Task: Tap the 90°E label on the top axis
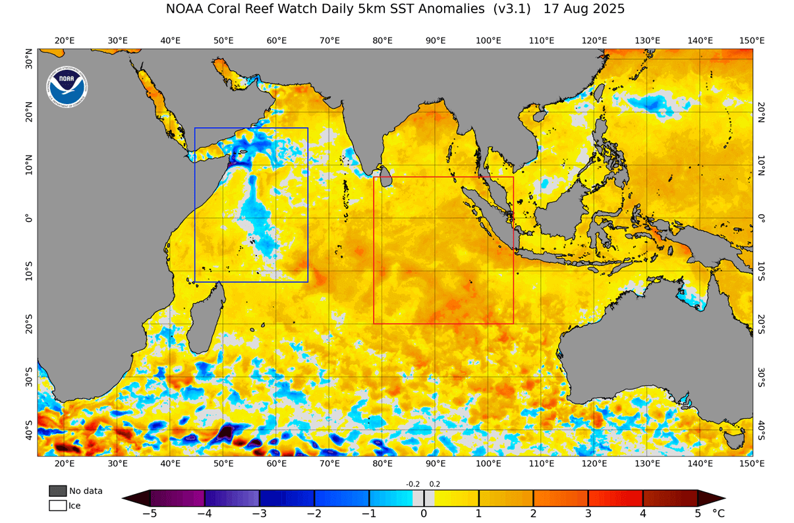pos(435,40)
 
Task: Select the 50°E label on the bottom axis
pos(223,464)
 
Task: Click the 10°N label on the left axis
pos(29,165)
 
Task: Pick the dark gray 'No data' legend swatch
pos(57,491)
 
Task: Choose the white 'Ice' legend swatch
pos(57,506)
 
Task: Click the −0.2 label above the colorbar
pos(412,484)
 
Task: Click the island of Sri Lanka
pos(387,177)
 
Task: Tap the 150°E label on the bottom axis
pos(752,464)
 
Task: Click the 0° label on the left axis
pos(29,218)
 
